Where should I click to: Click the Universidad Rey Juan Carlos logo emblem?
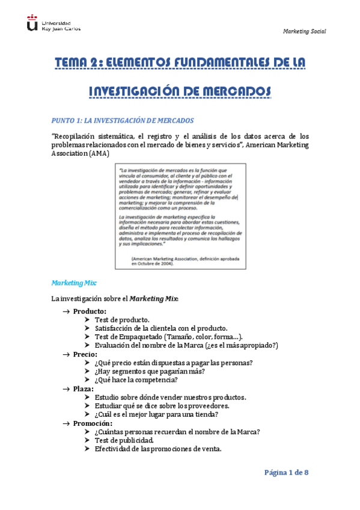(x=31, y=23)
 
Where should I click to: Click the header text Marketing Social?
(x=304, y=31)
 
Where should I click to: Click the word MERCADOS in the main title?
(x=236, y=91)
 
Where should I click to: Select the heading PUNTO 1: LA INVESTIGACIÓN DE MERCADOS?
(x=123, y=120)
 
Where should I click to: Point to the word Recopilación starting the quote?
(x=75, y=136)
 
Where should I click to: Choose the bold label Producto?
(x=90, y=311)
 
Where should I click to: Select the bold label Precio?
(x=85, y=354)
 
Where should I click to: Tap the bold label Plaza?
(x=84, y=389)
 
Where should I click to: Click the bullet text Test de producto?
(x=122, y=320)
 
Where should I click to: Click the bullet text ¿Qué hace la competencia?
(x=136, y=380)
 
